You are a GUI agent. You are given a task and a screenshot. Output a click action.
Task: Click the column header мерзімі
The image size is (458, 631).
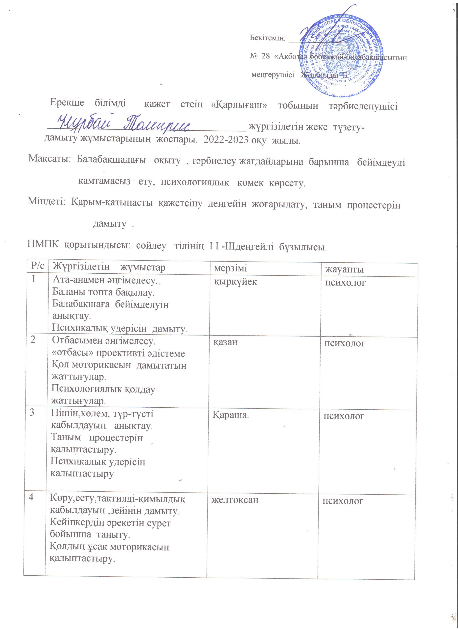[231, 268]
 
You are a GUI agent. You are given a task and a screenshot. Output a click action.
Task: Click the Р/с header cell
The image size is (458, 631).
[38, 266]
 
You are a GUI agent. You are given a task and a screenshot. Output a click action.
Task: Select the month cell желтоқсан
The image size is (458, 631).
[235, 500]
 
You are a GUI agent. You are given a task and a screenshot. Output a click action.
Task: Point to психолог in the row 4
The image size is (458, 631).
[343, 501]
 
